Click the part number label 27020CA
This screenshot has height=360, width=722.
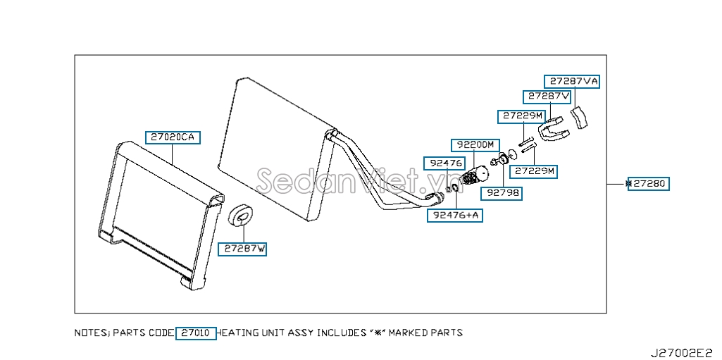(173, 137)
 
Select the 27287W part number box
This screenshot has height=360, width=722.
(242, 249)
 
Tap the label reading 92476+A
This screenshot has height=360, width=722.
(455, 215)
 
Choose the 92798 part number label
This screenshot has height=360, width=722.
(502, 193)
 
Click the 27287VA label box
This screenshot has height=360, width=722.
(572, 82)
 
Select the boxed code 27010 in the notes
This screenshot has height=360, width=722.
(196, 333)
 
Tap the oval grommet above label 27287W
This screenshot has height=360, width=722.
(241, 216)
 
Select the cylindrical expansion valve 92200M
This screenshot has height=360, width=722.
(474, 176)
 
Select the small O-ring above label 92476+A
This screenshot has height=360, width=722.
(454, 188)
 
